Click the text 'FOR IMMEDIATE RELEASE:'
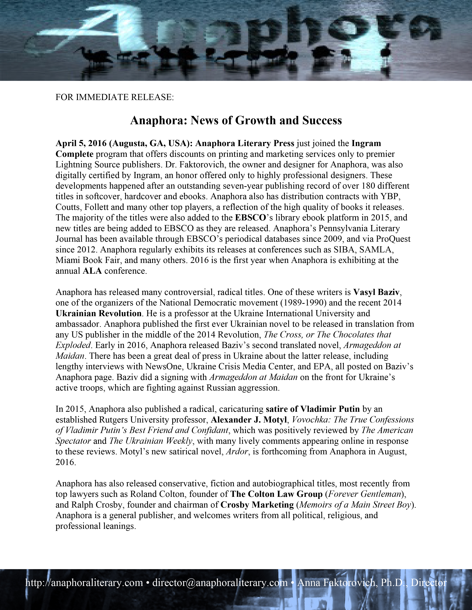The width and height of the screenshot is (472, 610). [x=115, y=97]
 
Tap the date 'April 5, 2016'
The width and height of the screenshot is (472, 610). [x=81, y=143]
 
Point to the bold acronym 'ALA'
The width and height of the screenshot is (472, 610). [x=92, y=271]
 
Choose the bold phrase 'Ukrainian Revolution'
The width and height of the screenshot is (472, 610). [x=98, y=313]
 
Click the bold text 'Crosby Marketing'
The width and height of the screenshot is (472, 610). [x=257, y=505]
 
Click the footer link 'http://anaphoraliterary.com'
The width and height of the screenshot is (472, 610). [x=84, y=583]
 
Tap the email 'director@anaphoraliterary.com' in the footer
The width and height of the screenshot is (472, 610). [x=220, y=583]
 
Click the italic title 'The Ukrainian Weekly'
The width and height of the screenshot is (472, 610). [x=151, y=441]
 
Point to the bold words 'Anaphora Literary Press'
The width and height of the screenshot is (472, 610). [x=245, y=143]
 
